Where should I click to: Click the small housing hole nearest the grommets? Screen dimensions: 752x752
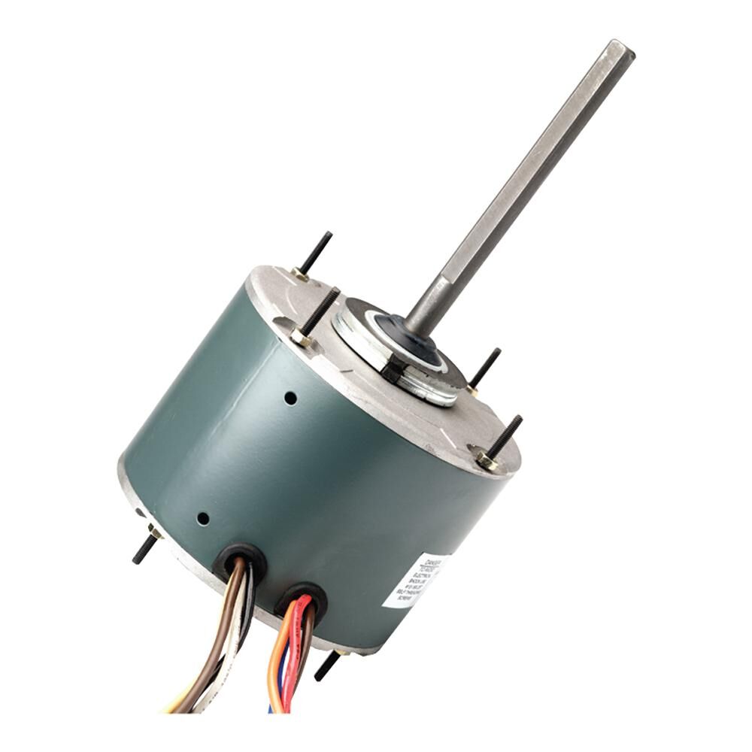coord(202,518)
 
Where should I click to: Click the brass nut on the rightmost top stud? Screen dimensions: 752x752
coord(485,458)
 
